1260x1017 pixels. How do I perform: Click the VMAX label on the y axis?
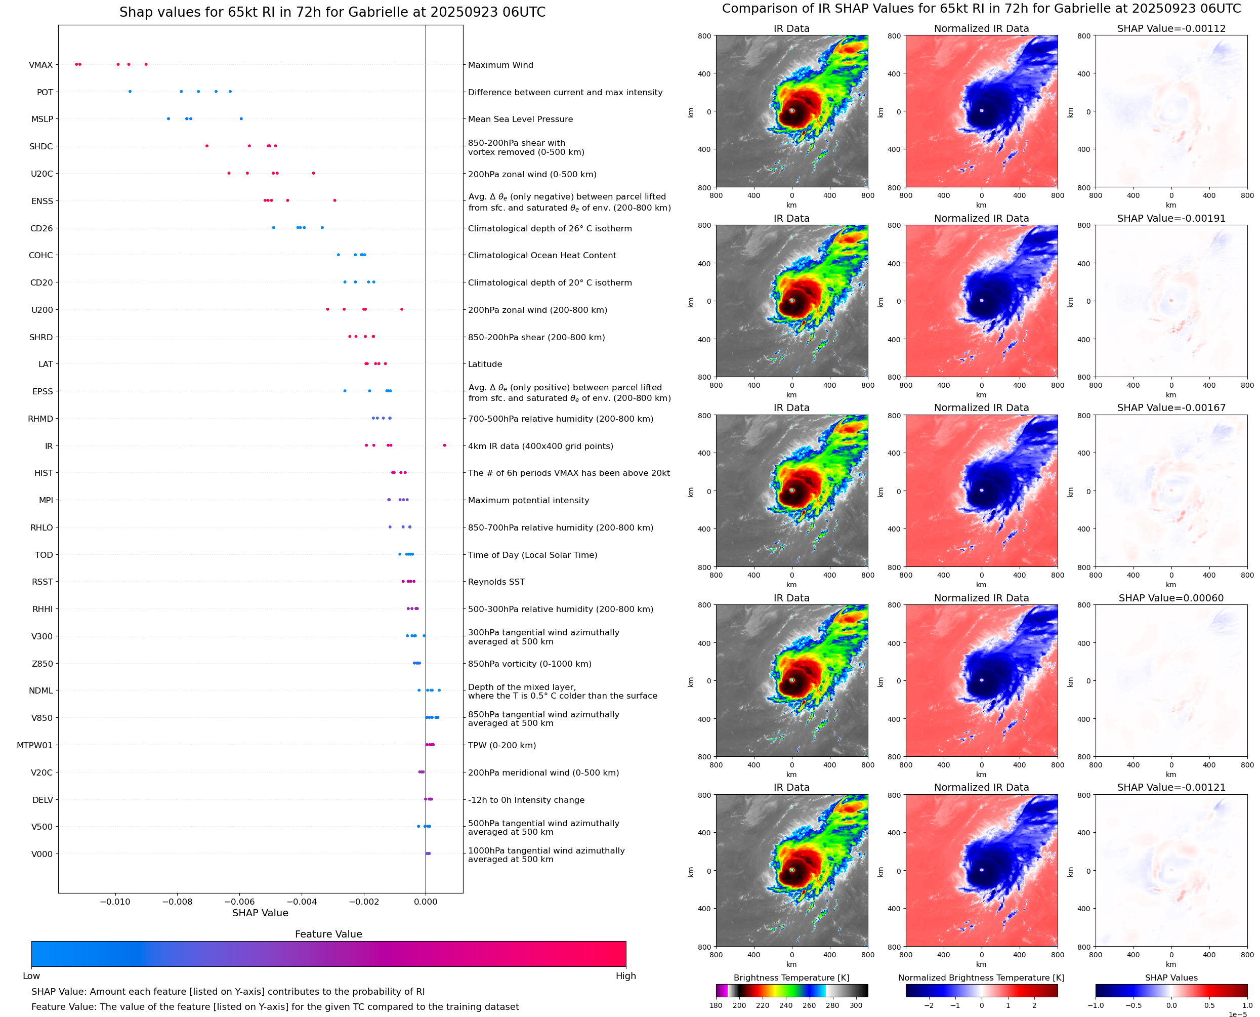40,65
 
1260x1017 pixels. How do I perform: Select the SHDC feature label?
41,146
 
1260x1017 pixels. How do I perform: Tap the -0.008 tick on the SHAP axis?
177,902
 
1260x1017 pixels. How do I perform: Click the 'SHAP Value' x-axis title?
260,913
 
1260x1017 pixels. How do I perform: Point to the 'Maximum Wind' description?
500,65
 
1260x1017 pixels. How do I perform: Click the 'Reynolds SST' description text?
496,582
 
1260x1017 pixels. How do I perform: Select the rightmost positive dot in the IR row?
444,445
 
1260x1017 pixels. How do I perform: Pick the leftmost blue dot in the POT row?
130,92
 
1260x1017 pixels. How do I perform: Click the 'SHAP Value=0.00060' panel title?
1170,598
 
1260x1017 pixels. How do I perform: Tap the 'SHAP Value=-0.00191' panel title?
1170,219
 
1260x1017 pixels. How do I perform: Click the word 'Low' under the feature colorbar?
31,976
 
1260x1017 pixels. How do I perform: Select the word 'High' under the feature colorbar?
625,976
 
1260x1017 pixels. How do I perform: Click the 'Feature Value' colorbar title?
328,934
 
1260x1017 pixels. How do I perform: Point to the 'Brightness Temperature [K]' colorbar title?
791,978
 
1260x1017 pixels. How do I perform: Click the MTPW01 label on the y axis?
34,745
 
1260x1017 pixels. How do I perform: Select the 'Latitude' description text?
485,364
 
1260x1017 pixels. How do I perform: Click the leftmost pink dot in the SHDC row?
206,146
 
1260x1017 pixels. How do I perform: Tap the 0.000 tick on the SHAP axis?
426,902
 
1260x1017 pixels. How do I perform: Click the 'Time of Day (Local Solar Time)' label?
532,555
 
